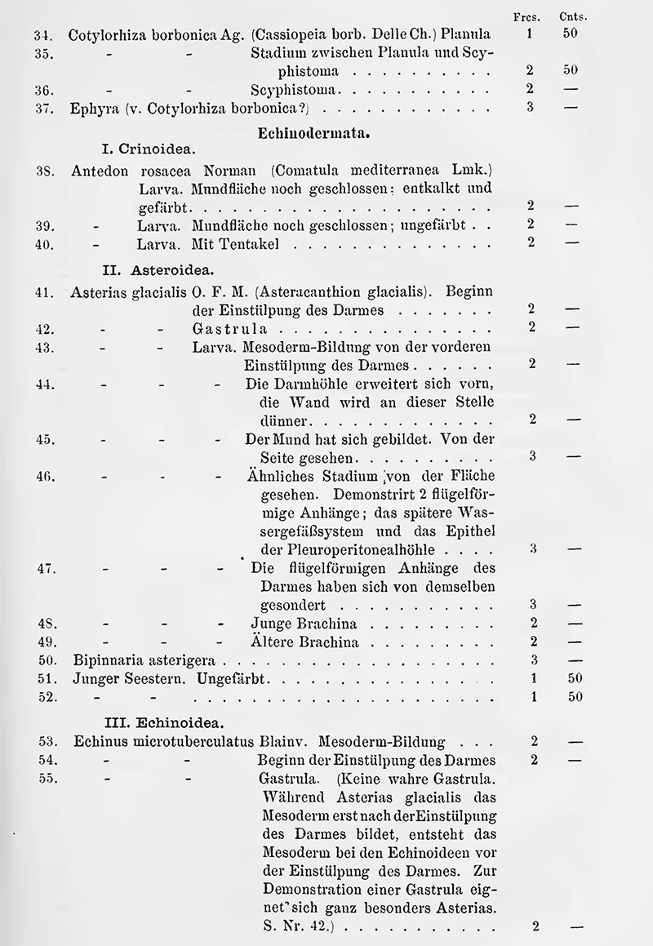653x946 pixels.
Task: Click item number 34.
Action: click(x=42, y=35)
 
